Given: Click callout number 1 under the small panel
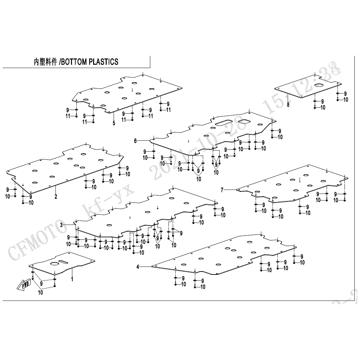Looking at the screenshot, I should (72, 279).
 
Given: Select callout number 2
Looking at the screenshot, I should (56, 197).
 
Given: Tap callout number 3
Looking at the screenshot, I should (61, 225).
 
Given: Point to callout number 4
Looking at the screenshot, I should (138, 267).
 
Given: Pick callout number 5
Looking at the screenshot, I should (114, 123).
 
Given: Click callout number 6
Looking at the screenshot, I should (135, 141).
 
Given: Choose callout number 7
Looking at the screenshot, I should (222, 190).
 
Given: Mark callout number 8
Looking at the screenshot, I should (288, 105).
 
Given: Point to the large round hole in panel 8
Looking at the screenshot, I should (320, 85).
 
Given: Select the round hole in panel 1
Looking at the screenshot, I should (54, 264).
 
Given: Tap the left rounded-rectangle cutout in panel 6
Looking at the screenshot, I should (224, 123).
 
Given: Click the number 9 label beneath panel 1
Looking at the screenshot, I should (42, 283).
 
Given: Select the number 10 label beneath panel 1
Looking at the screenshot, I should (40, 292).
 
